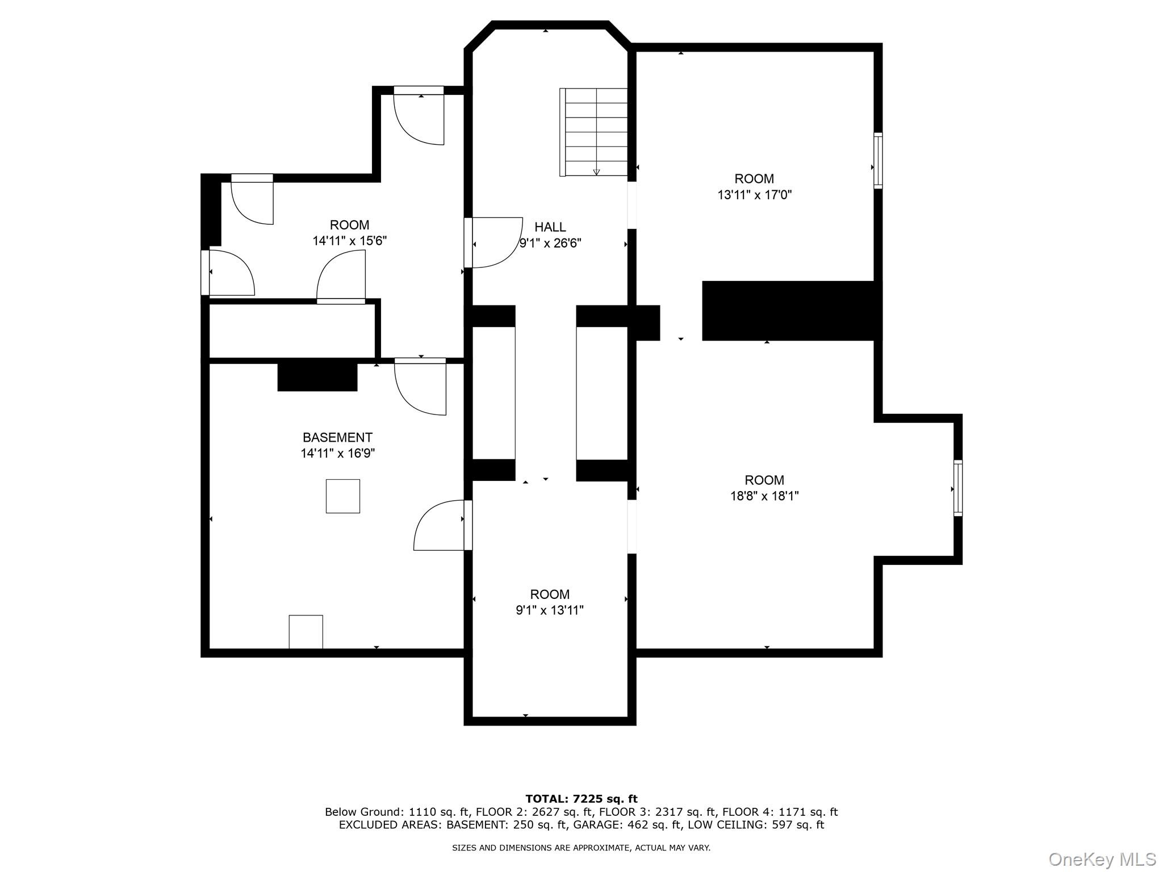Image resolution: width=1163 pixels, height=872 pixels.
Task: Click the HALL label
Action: pos(550,227)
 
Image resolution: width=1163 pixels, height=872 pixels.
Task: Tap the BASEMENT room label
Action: pos(337,438)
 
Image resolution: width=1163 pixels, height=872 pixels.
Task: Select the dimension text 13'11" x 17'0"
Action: pos(754,195)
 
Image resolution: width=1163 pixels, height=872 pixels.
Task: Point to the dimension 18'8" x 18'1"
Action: pos(764,496)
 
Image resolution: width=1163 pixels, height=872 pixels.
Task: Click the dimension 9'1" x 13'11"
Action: pos(550,610)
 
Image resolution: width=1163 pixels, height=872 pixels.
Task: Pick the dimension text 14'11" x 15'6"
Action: pos(349,241)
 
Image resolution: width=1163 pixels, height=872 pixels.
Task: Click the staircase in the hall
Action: pos(593,132)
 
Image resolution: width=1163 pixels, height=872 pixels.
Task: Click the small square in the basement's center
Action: pos(343,496)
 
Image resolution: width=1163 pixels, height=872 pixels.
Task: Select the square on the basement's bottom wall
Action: pos(306,632)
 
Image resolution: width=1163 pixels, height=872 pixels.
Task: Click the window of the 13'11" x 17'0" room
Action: pos(878,161)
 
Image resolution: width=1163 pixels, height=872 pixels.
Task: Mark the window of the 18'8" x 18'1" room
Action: pos(958,488)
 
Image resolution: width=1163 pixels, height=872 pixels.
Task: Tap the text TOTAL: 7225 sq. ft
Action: pos(581,799)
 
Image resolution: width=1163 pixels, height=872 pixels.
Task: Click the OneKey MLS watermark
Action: pos(1102,859)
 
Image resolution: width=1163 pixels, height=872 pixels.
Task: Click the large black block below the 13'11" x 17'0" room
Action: pos(792,311)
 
